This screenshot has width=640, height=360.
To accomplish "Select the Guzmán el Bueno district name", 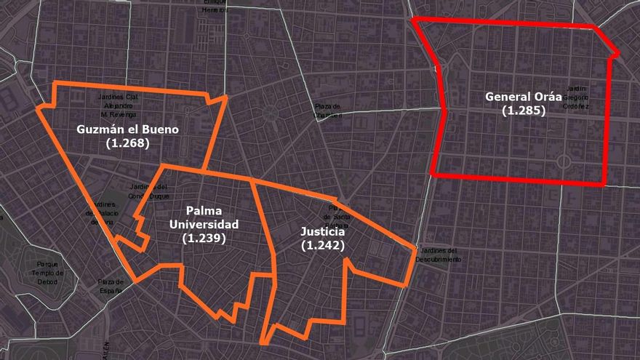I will pos(127,129).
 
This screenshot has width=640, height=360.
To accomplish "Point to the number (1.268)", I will pos(127,143).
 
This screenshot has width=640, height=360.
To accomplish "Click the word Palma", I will pos(204,211).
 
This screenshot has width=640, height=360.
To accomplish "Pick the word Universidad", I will pos(204,224).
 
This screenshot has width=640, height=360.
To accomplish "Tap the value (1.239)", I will pos(204,237).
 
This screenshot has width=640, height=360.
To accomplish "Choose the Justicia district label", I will pos(323,232).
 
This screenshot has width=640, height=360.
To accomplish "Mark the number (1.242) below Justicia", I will pos(323,246).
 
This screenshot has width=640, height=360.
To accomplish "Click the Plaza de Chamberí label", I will pos(328,110).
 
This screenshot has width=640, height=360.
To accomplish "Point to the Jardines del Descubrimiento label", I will pos(439,255).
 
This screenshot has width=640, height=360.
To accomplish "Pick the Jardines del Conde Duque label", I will pos(150,190).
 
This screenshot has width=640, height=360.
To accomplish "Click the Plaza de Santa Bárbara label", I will pos(337,216).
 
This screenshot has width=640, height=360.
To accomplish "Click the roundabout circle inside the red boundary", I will pos(563,161).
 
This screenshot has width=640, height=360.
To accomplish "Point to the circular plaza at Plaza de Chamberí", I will pos(271,112).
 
